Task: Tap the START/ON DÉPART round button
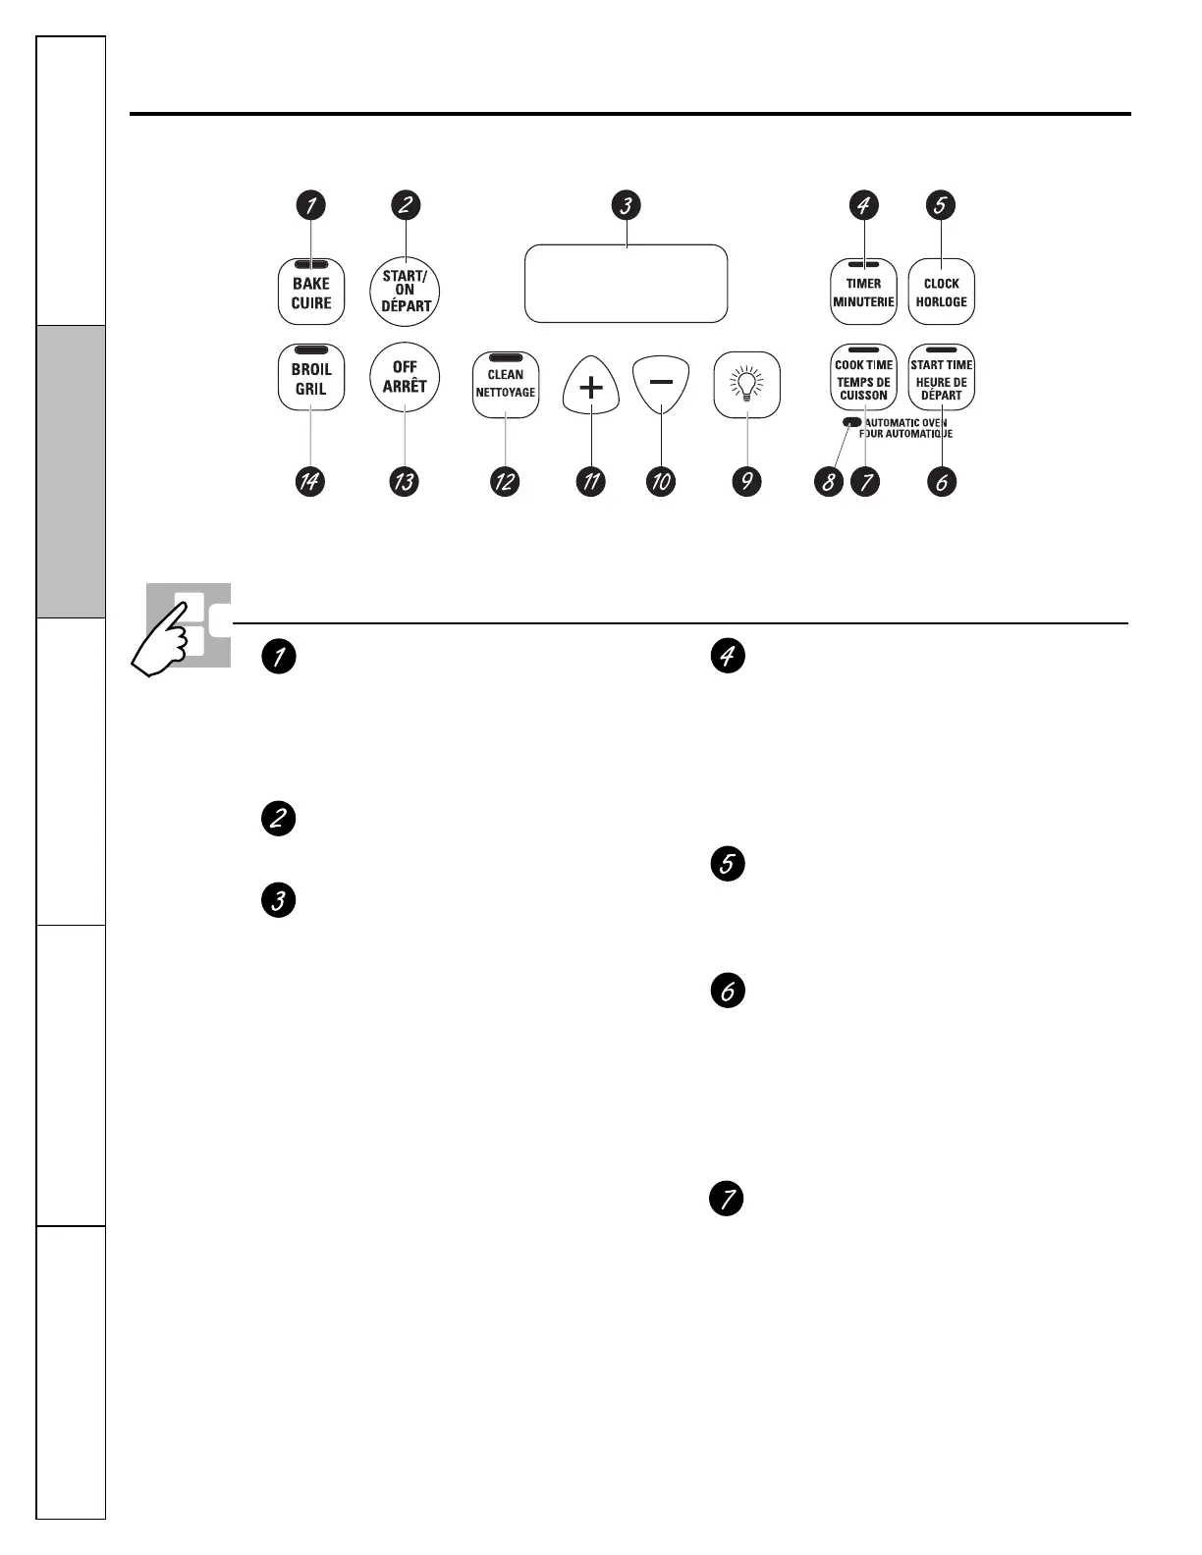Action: tap(405, 291)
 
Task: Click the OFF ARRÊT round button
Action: tap(405, 377)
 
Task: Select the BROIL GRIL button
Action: tap(311, 377)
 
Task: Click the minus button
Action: tap(661, 383)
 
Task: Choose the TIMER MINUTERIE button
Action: tap(863, 292)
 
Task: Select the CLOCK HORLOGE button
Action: tap(941, 292)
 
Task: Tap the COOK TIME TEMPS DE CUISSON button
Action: tap(863, 378)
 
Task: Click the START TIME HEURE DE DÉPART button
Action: tap(941, 378)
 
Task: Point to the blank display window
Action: tap(626, 284)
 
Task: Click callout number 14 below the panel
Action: tap(310, 482)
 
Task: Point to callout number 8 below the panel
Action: tap(829, 482)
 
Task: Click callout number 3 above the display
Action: tap(626, 205)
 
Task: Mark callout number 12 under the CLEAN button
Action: tap(505, 482)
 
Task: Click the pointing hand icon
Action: tap(172, 637)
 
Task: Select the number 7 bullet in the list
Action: tap(728, 1199)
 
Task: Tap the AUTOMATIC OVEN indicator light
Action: tap(850, 422)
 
